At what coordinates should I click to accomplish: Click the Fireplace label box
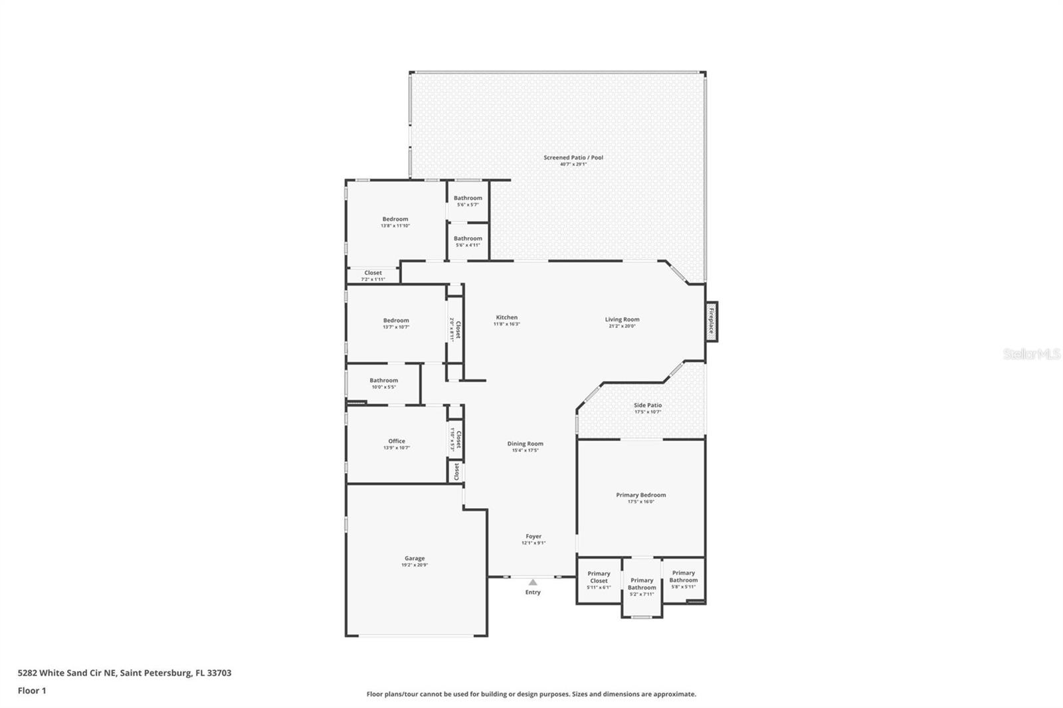pyautogui.click(x=711, y=321)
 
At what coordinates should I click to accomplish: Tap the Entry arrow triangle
pyautogui.click(x=533, y=582)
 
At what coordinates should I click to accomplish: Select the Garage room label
pyautogui.click(x=415, y=561)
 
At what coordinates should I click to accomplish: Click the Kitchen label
pyautogui.click(x=506, y=320)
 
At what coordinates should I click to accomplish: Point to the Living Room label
pyautogui.click(x=622, y=322)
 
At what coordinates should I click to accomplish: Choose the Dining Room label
pyautogui.click(x=525, y=446)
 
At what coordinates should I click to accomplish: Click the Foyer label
pyautogui.click(x=533, y=539)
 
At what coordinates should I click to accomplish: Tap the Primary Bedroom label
pyautogui.click(x=640, y=497)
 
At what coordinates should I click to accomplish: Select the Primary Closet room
pyautogui.click(x=599, y=580)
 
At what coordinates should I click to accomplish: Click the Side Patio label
pyautogui.click(x=648, y=408)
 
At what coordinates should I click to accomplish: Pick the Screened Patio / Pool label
pyautogui.click(x=573, y=160)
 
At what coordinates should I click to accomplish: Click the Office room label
pyautogui.click(x=397, y=444)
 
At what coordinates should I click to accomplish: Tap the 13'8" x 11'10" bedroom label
pyautogui.click(x=395, y=222)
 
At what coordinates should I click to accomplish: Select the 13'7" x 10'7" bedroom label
pyautogui.click(x=396, y=323)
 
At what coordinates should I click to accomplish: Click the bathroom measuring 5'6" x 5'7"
pyautogui.click(x=468, y=201)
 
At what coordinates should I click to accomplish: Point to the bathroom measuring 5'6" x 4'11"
pyautogui.click(x=468, y=241)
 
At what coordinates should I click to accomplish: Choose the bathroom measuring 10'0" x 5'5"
pyautogui.click(x=384, y=383)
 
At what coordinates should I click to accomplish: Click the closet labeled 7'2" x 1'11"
pyautogui.click(x=373, y=276)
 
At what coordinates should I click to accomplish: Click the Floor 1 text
pyautogui.click(x=32, y=691)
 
